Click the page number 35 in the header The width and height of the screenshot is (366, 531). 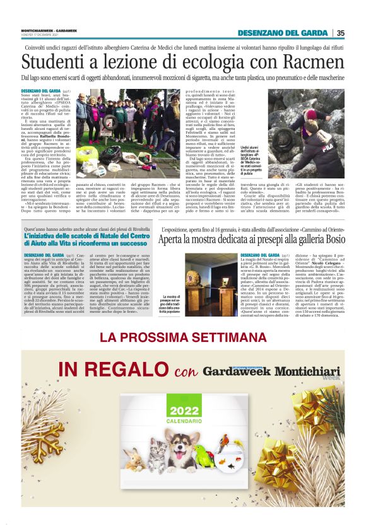[340, 33]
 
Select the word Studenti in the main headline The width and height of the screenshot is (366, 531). [54, 62]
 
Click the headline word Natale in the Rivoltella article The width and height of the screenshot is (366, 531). [114, 252]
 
